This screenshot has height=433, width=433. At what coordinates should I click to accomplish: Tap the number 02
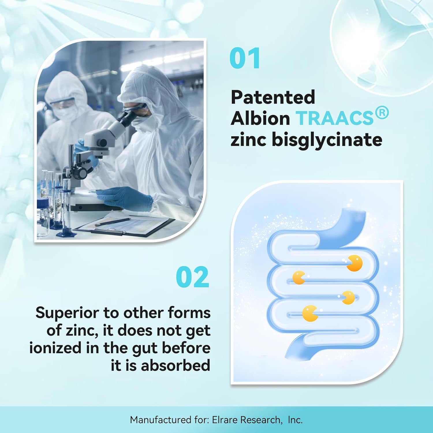[193, 277]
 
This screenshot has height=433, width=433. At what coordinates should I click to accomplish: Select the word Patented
[273, 97]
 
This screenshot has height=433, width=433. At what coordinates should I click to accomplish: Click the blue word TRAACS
[335, 118]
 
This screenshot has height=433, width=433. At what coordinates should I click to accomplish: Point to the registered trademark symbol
[382, 113]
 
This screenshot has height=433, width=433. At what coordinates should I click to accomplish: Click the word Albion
[260, 118]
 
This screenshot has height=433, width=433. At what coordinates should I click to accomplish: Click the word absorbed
[176, 365]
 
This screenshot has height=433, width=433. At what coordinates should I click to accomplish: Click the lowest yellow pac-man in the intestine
[310, 313]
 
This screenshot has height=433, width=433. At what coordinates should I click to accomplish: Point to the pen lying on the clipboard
[113, 222]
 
